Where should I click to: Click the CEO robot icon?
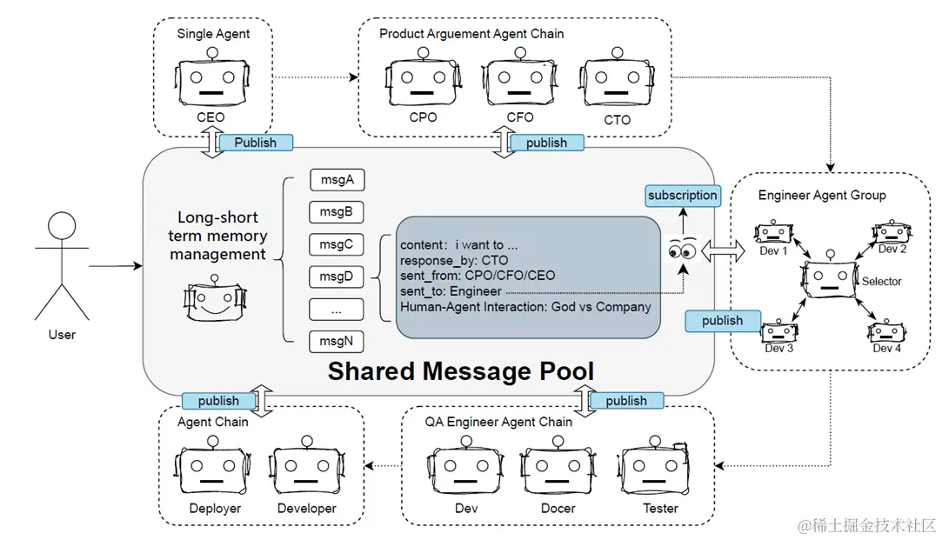[210, 82]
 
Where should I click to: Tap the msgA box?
[337, 180]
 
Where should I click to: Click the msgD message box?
[337, 277]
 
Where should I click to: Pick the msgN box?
[337, 341]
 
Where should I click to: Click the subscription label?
[683, 196]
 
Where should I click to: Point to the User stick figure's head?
[62, 228]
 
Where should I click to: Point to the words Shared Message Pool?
[461, 371]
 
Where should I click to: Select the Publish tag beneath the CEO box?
[256, 143]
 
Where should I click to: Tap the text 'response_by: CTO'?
[454, 260]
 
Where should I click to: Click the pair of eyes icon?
[682, 251]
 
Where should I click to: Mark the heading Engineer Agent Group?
[822, 195]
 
